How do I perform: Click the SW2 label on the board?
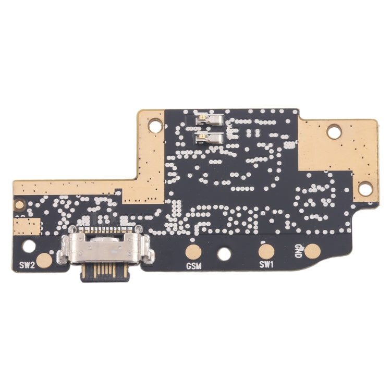27,265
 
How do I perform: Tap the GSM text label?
194,266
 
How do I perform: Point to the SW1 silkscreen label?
267,265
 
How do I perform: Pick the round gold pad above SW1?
266,251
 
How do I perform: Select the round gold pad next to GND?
312,252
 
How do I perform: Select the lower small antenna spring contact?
209,138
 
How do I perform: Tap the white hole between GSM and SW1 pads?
224,254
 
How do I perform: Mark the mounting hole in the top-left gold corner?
155,125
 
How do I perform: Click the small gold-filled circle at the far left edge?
19,204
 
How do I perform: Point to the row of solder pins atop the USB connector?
104,229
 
